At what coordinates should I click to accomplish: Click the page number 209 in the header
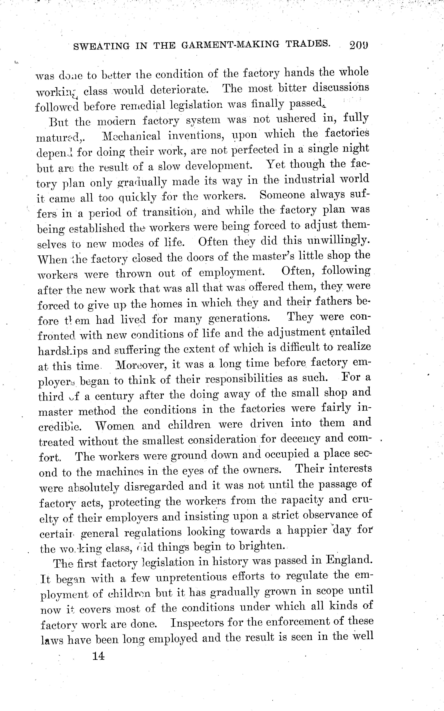pyautogui.click(x=359, y=45)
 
